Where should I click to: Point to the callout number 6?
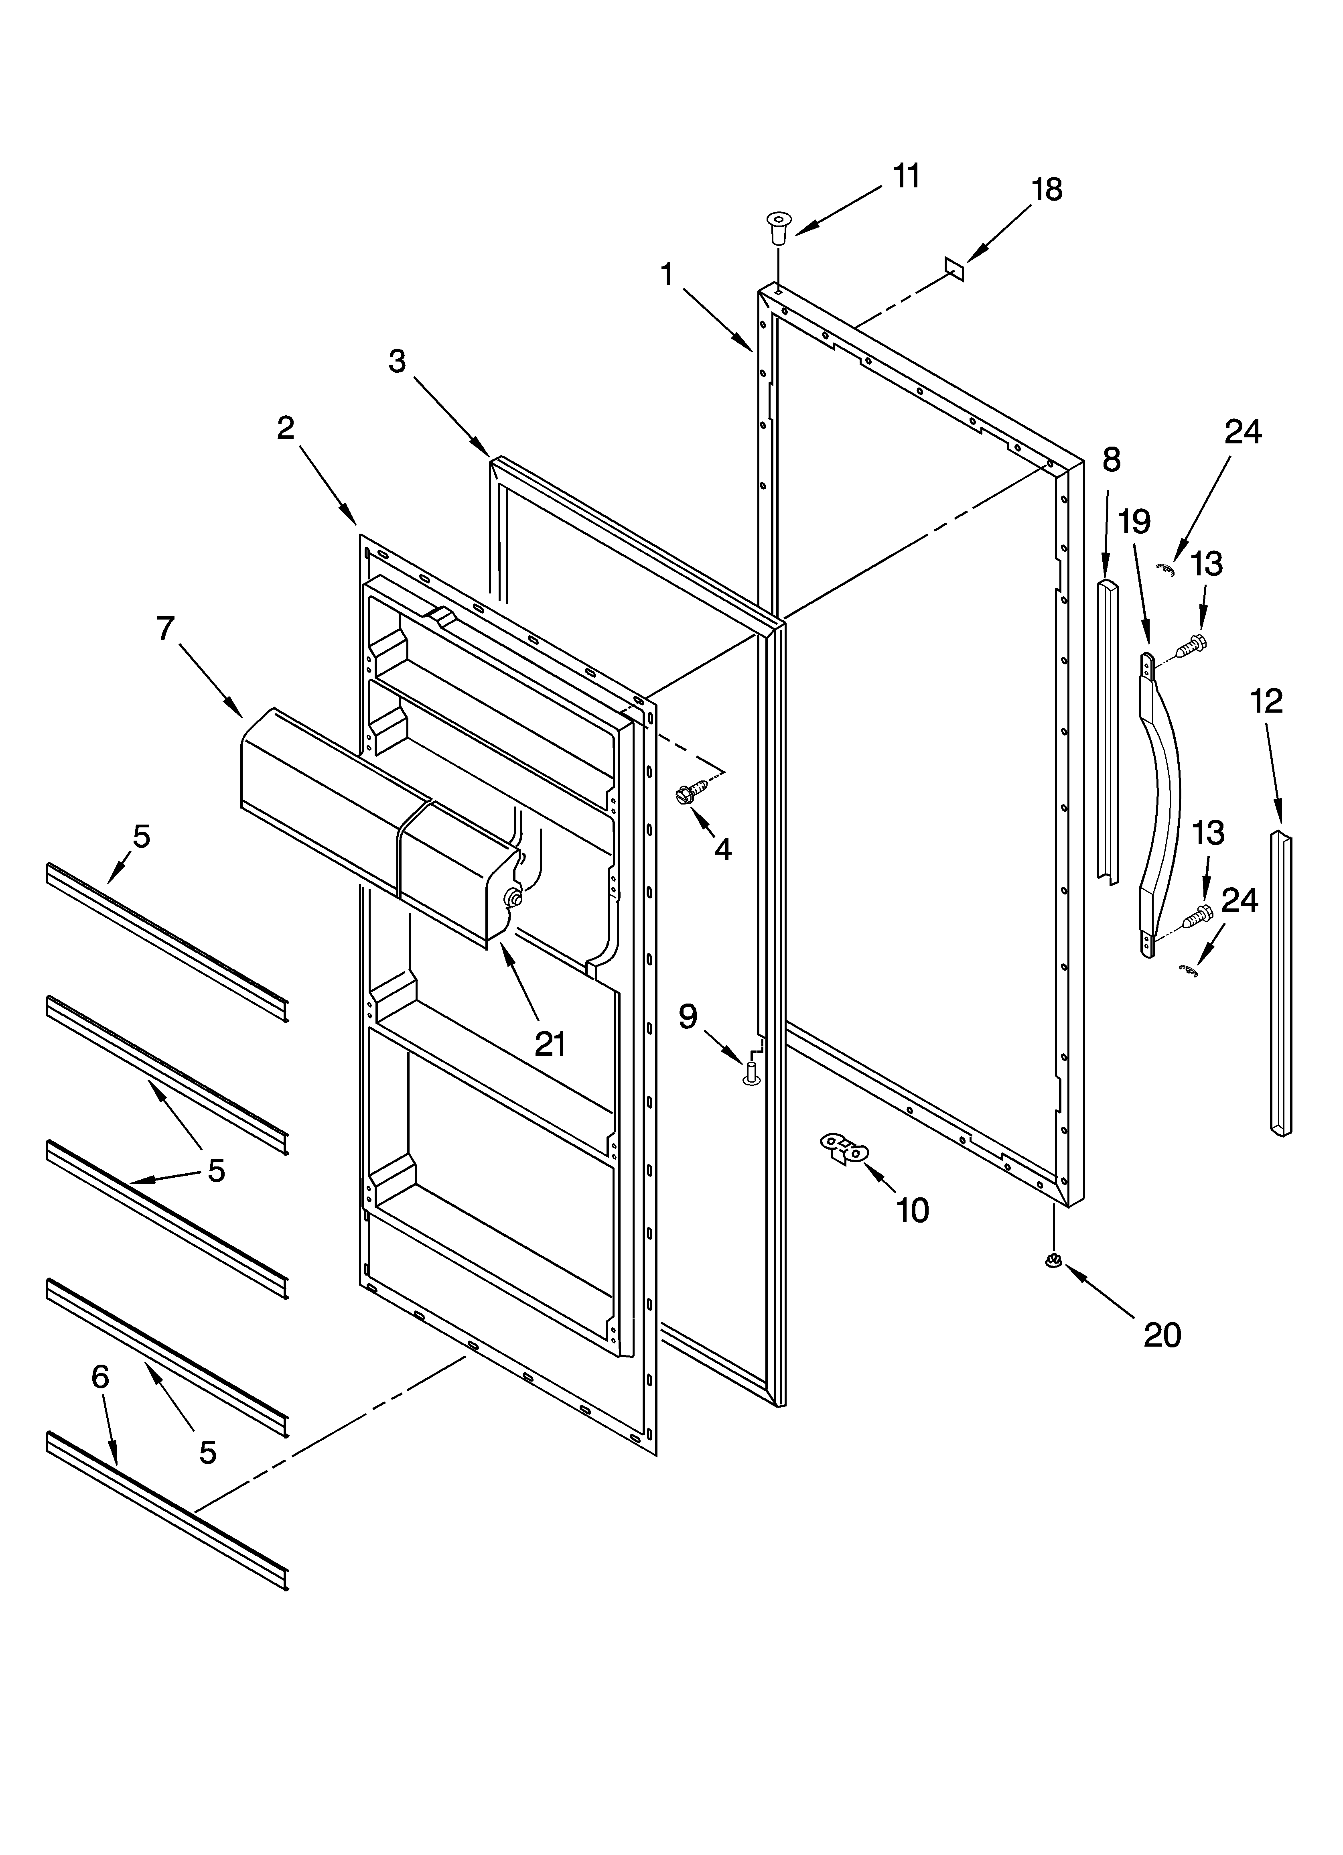(x=100, y=1378)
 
